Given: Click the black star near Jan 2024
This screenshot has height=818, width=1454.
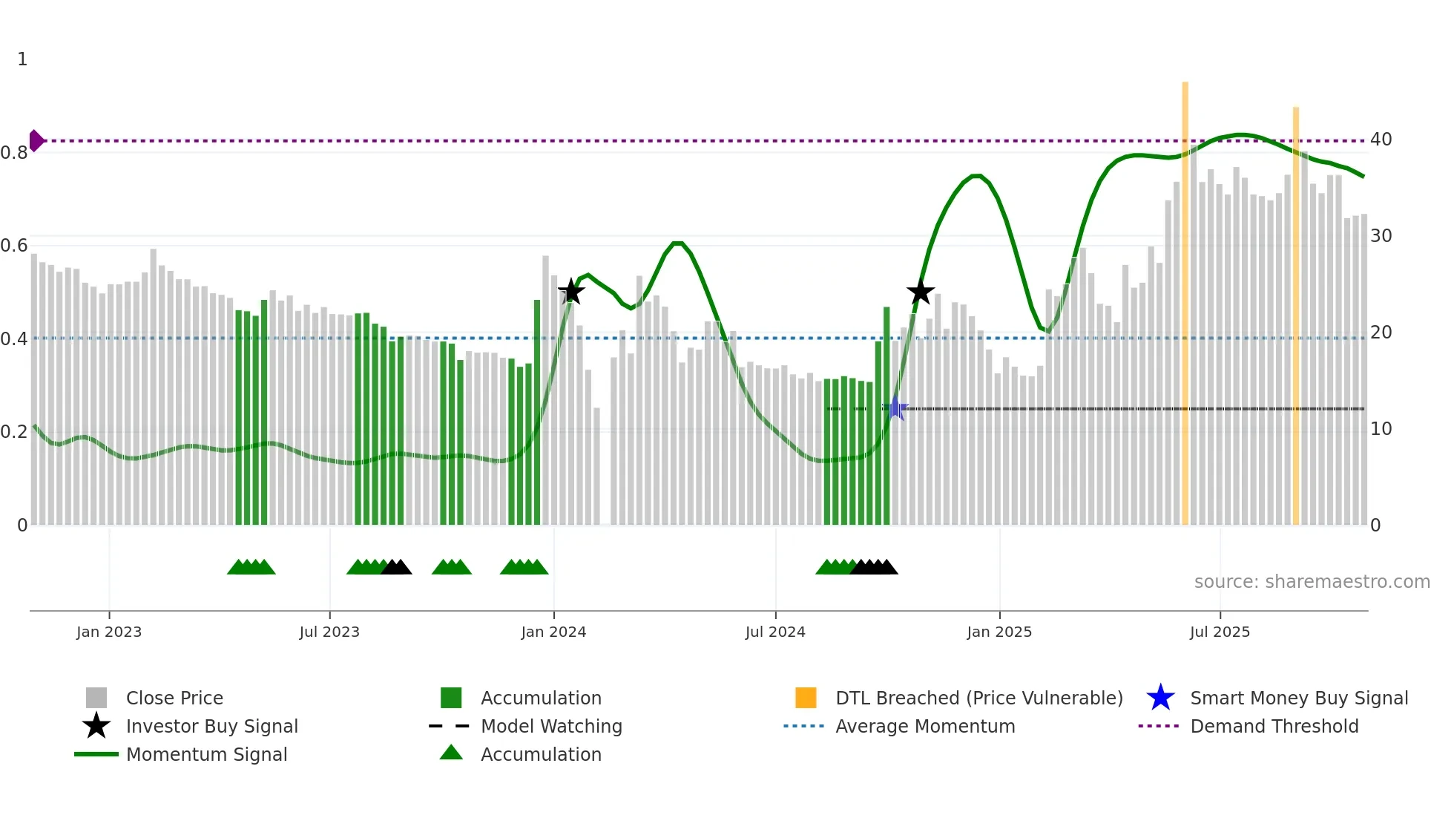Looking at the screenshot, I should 571,292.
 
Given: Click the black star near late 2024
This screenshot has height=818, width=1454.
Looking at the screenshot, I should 920,292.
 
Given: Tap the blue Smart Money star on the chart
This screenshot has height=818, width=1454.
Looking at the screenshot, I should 895,408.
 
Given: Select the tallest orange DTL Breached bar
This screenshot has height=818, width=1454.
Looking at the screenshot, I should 1185,297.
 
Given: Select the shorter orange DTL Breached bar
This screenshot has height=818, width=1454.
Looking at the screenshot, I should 1296,312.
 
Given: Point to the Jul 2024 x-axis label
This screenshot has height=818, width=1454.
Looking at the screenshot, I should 775,632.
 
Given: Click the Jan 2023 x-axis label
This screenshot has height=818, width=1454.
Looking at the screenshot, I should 109,632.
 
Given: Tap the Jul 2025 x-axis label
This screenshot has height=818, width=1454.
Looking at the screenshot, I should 1220,632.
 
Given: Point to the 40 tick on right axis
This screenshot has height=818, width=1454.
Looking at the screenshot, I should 1381,140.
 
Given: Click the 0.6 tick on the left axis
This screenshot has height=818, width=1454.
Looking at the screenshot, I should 14,246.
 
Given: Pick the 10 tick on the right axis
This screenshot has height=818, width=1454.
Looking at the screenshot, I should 1381,429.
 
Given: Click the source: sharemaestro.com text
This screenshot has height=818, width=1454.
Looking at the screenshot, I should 1312,582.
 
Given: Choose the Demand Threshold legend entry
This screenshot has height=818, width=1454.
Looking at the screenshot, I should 1274,727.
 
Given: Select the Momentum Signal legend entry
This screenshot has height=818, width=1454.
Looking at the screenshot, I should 206,755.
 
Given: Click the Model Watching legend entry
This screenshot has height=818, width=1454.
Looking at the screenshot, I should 551,727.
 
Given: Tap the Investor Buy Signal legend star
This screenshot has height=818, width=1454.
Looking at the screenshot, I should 96,726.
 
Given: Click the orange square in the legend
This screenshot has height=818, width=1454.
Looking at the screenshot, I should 806,698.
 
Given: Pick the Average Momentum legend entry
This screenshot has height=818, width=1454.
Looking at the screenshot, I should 924,727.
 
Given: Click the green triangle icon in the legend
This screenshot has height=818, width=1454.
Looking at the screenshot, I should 451,753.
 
